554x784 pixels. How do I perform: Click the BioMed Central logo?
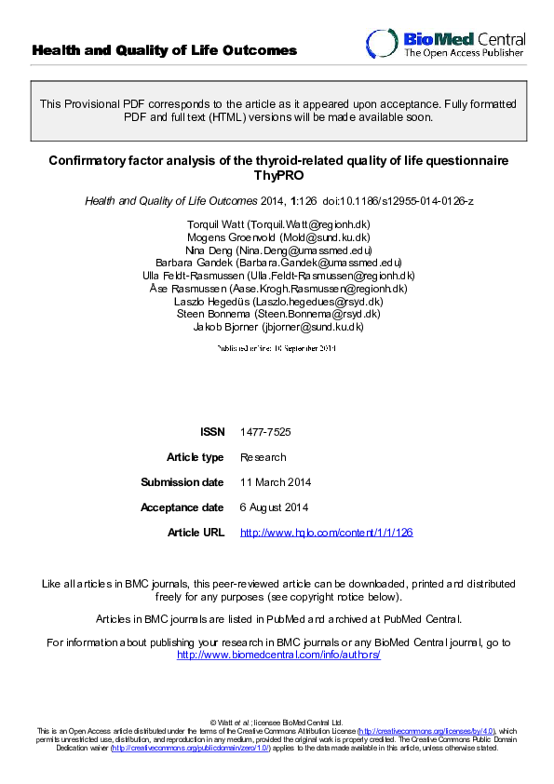(444, 45)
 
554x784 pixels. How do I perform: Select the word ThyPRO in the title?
(277, 175)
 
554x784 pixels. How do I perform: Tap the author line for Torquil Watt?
(277, 224)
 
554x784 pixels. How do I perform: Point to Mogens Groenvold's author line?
(277, 237)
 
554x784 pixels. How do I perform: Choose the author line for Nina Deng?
(277, 250)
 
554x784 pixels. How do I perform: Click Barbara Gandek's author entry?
(277, 263)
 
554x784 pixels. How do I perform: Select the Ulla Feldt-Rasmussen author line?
(277, 276)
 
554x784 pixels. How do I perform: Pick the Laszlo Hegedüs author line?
(277, 302)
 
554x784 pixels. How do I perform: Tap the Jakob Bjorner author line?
(277, 327)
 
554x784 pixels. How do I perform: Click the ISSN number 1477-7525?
(261, 432)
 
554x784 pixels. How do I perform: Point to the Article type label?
(195, 457)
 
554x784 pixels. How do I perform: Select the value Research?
(263, 457)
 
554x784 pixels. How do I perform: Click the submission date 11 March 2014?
(276, 482)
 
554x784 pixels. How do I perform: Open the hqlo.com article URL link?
(326, 533)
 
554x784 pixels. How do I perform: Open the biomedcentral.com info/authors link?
(278, 656)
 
